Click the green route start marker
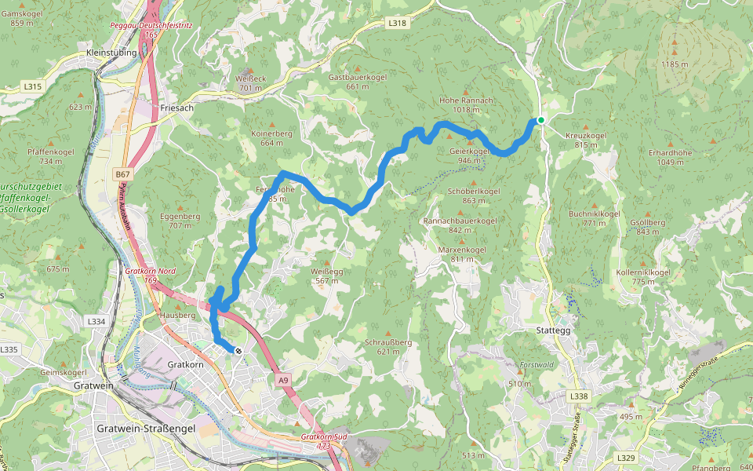point(540,120)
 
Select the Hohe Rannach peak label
point(466,100)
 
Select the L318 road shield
point(398,24)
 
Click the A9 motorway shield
point(284,381)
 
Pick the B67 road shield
point(122,173)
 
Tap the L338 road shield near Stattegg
point(579,396)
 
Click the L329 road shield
point(625,458)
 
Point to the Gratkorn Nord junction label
point(150,271)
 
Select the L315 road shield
point(33,86)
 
